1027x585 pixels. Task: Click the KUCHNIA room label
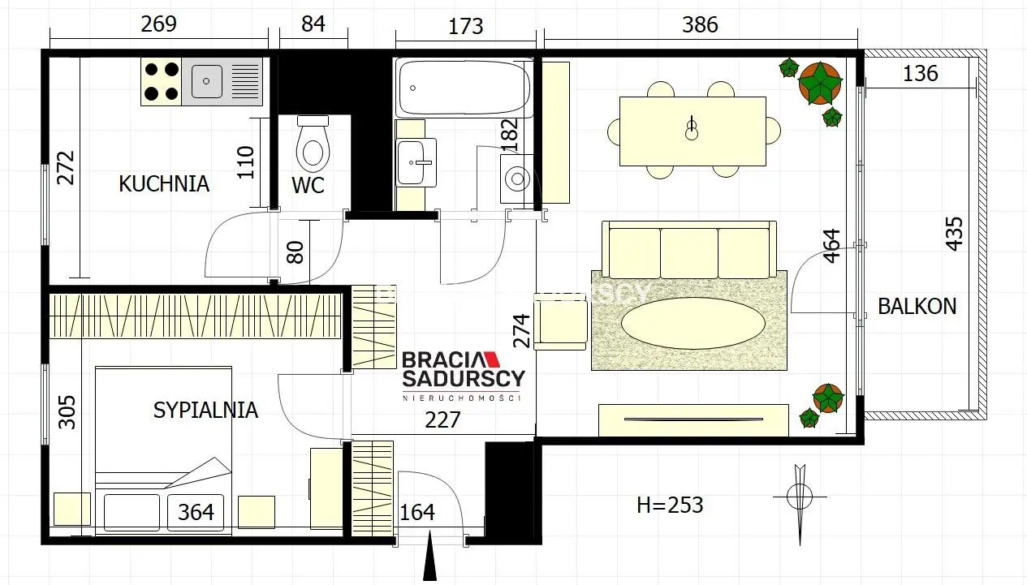click(164, 183)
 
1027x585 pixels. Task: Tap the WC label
click(309, 185)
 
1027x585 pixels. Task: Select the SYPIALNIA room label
click(205, 410)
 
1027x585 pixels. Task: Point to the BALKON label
click(917, 306)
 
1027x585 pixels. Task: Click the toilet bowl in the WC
click(313, 144)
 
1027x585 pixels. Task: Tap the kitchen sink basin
click(206, 81)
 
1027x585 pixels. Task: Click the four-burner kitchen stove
click(161, 81)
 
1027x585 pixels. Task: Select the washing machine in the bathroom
click(517, 179)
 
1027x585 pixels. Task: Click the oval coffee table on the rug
click(693, 323)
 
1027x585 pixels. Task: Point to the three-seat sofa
click(689, 250)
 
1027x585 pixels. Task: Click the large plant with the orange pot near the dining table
click(820, 84)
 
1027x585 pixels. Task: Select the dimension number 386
click(700, 24)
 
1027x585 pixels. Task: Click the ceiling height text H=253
click(670, 505)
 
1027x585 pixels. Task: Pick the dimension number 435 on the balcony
click(954, 234)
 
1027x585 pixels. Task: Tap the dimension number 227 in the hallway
click(442, 419)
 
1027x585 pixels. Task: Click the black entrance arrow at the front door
click(429, 555)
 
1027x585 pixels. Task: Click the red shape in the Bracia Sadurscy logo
click(493, 359)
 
